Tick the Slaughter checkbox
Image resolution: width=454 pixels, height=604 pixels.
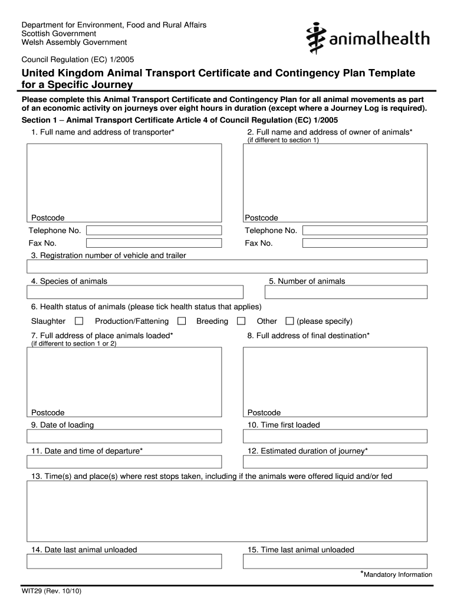pyautogui.click(x=79, y=321)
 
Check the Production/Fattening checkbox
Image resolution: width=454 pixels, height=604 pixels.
pyautogui.click(x=182, y=321)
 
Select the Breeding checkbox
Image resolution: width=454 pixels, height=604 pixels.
pyautogui.click(x=241, y=321)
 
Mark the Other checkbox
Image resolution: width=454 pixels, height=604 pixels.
pyautogui.click(x=289, y=321)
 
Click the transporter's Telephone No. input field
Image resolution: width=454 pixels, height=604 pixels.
pyautogui.click(x=154, y=230)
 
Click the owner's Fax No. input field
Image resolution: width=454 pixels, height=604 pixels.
pyautogui.click(x=364, y=243)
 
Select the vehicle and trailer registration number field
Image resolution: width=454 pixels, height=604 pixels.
pyautogui.click(x=227, y=267)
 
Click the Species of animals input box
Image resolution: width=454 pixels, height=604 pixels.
pyautogui.click(x=135, y=292)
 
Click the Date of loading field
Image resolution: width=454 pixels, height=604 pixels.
pyautogui.click(x=124, y=436)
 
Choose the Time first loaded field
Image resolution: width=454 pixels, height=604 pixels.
pyautogui.click(x=335, y=436)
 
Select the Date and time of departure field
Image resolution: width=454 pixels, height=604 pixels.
pyautogui.click(x=124, y=462)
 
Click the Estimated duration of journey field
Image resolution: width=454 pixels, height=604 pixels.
pyautogui.click(x=335, y=462)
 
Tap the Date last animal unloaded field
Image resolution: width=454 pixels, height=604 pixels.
pyautogui.click(x=124, y=561)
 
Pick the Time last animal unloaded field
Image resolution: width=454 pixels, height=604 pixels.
pyautogui.click(x=335, y=561)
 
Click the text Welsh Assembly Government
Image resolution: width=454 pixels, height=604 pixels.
pyautogui.click(x=74, y=42)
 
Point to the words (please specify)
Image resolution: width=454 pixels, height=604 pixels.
pyautogui.click(x=324, y=321)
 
